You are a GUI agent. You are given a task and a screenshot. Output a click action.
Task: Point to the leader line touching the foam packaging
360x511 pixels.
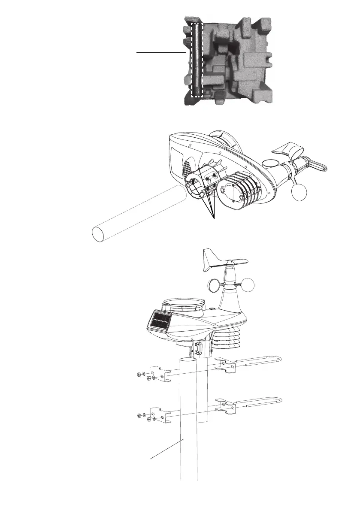click(x=160, y=52)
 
